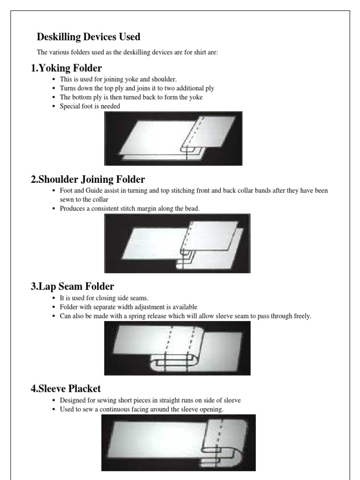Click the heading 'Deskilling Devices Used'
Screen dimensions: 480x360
click(x=89, y=37)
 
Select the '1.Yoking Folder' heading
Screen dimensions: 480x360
click(x=66, y=68)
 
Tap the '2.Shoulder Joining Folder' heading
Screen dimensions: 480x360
click(x=88, y=180)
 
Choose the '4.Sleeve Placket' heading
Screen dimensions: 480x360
click(x=66, y=389)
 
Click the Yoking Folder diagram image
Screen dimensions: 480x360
click(x=173, y=138)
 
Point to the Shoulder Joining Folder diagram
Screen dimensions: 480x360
click(x=177, y=243)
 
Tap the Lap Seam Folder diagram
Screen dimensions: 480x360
click(x=177, y=348)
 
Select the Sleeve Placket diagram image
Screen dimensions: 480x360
click(x=178, y=442)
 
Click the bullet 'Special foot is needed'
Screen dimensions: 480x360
click(x=90, y=106)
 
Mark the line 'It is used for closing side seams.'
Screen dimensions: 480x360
click(x=104, y=298)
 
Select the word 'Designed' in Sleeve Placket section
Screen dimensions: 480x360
click(x=72, y=400)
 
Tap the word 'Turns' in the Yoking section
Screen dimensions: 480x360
click(x=67, y=88)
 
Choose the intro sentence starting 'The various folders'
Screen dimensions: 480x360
click(x=127, y=52)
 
